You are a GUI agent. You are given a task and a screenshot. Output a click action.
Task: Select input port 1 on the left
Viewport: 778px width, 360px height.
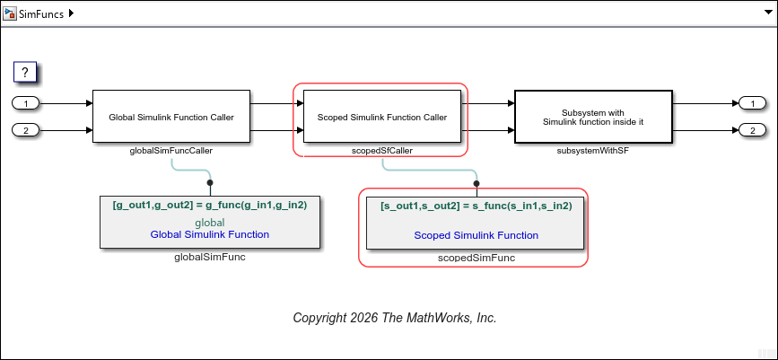[x=26, y=103]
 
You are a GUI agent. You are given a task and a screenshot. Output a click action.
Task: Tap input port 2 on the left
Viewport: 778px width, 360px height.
[x=26, y=131]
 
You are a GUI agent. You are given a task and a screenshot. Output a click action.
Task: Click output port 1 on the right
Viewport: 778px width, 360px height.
[x=750, y=103]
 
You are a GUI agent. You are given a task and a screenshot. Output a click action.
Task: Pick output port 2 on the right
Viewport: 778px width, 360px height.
[x=750, y=131]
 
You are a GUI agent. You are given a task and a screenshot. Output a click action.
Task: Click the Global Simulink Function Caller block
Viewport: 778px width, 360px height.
[x=170, y=117]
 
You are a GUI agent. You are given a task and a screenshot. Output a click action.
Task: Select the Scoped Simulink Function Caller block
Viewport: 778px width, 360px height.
[x=381, y=117]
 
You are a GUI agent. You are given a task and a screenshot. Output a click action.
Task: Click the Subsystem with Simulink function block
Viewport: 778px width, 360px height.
[x=592, y=117]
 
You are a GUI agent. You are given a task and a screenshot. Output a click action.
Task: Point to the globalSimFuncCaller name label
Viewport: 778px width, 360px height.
[x=170, y=151]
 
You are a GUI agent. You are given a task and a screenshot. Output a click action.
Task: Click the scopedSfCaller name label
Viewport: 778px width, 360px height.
[x=381, y=151]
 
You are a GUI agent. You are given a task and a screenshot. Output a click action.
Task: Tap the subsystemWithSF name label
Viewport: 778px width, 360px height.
[x=592, y=151]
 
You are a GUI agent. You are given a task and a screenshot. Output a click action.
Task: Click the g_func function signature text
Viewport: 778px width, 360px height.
[x=210, y=205]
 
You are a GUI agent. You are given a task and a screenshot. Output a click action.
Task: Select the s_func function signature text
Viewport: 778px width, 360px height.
[x=476, y=205]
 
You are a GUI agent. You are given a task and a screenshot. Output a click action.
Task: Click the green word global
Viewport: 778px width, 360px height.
[x=210, y=222]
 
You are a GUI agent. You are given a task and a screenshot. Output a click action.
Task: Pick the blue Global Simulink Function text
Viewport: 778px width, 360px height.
[x=210, y=234]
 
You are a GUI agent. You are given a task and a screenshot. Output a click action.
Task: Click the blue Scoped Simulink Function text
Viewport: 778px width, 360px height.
[x=476, y=235]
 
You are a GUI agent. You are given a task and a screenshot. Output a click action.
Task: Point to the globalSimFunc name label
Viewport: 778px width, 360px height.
[x=209, y=257]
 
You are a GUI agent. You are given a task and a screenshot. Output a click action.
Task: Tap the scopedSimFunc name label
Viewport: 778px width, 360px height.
[x=476, y=258]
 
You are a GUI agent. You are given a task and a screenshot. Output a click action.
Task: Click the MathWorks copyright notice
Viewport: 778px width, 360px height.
[x=395, y=318]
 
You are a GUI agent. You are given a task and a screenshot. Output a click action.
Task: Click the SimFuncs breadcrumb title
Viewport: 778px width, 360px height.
[x=41, y=14]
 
